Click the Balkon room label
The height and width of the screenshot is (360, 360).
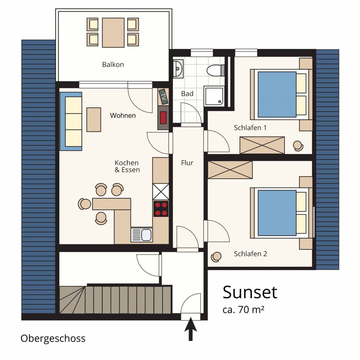coord(113,64)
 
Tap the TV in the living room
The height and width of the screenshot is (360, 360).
coord(163,97)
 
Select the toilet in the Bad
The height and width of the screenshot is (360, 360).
coord(216,70)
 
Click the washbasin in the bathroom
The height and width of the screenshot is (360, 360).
coord(178,68)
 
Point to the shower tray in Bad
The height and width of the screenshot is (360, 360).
coord(214,96)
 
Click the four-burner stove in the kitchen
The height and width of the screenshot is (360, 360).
coord(161,209)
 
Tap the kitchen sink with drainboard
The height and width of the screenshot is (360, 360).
coord(142,235)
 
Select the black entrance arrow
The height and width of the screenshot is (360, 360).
coord(191,329)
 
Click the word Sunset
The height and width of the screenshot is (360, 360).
coord(250,292)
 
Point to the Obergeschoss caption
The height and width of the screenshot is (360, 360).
coord(53,339)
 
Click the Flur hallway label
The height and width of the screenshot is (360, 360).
coord(187,163)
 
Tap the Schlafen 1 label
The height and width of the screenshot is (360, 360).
coord(250,127)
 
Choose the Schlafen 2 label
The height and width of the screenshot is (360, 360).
coord(251,254)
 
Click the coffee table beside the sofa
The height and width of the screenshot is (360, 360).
coord(94,120)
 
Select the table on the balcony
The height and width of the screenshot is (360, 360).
coord(113,32)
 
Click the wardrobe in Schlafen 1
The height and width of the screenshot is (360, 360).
coord(262,145)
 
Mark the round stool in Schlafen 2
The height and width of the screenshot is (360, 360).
coord(216,257)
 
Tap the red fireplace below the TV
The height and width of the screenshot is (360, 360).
coord(163,117)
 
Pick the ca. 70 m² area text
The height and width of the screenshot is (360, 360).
coord(243,310)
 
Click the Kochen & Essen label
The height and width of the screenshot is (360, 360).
coord(127,166)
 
